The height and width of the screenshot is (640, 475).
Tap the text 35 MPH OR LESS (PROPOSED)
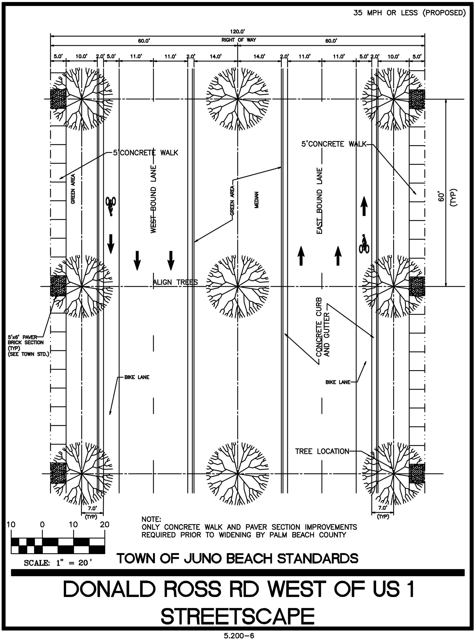click(409, 13)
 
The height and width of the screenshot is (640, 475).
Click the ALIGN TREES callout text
click(175, 282)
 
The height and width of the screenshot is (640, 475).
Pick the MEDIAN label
click(256, 200)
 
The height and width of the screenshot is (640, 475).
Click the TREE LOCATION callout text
click(322, 451)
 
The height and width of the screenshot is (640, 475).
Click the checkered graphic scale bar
click(58, 546)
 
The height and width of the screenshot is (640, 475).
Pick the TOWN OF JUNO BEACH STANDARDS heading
click(237, 559)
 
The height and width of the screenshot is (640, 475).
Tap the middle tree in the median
click(237, 287)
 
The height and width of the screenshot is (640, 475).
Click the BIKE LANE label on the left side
click(137, 377)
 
